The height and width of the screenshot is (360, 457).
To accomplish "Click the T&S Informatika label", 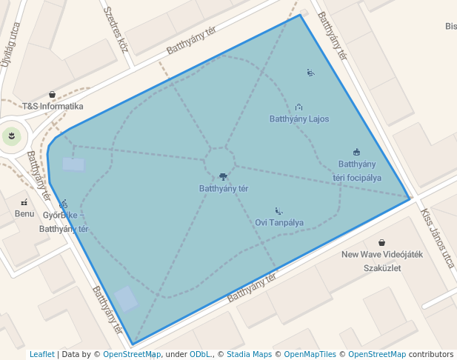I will (52, 106).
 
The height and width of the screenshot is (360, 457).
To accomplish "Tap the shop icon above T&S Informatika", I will (52, 94).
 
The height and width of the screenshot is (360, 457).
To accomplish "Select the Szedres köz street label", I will (116, 29).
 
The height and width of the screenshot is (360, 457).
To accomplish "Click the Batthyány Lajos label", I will (299, 119).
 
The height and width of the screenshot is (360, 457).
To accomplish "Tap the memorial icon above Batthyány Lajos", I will (298, 107).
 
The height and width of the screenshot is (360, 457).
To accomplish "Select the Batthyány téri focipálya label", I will (357, 170).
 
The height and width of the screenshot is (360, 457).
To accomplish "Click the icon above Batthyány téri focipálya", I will (356, 152).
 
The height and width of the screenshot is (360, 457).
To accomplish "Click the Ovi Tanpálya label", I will (279, 222).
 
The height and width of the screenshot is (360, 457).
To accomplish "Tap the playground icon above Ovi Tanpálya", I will (278, 210).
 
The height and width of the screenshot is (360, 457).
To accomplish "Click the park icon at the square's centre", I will (223, 176).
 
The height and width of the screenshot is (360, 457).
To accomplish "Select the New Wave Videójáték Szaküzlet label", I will (381, 261).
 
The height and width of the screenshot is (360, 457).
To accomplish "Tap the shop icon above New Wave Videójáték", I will (381, 242).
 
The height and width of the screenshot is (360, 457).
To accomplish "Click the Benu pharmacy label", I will (24, 213).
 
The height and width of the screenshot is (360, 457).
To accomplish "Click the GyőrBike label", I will (59, 216).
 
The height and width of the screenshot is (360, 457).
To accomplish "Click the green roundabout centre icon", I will (10, 135).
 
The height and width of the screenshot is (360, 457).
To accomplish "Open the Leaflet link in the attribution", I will (41, 354).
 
